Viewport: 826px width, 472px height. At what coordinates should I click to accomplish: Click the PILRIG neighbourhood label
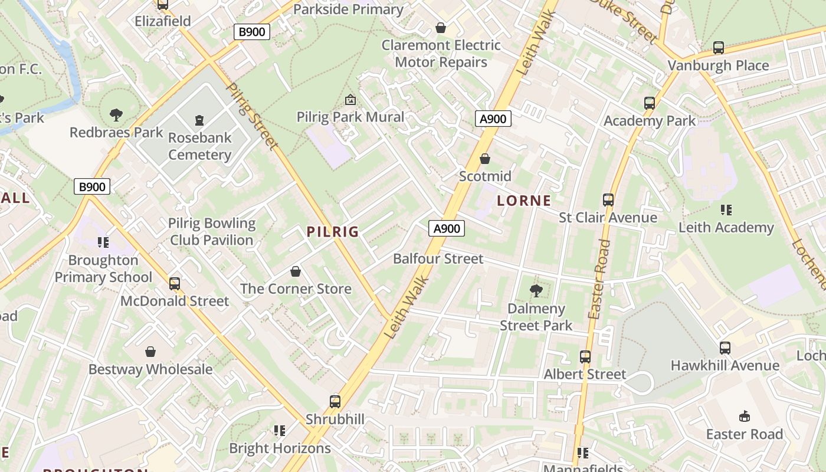pos(333,232)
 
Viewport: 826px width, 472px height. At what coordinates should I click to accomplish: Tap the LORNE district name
pos(524,201)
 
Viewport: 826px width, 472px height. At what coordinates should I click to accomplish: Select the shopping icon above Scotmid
pos(485,159)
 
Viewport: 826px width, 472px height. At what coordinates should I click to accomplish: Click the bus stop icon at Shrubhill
pos(335,402)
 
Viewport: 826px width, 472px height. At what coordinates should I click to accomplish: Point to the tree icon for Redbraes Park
pos(116,114)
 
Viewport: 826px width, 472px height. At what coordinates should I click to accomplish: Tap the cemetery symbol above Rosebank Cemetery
pos(199,120)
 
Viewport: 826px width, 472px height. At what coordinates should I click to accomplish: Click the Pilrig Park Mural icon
pos(350,100)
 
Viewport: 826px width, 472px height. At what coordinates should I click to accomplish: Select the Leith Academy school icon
pos(726,210)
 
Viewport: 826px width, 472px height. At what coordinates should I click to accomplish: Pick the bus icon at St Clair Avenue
pos(608,200)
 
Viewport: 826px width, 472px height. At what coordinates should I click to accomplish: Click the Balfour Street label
pos(438,258)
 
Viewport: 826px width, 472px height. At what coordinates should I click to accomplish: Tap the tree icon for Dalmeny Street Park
pos(536,290)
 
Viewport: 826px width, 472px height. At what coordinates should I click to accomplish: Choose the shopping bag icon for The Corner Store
pos(296,271)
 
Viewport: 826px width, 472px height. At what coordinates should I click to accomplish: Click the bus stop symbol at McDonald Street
pos(175,284)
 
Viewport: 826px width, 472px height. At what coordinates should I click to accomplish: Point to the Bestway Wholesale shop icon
pos(150,352)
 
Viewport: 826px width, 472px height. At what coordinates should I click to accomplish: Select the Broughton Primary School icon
pos(103,242)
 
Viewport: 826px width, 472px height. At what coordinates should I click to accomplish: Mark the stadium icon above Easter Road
pos(745,417)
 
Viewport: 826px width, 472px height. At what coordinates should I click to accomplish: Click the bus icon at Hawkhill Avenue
pos(725,348)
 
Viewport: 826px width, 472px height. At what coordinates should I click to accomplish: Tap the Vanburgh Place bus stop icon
pos(719,48)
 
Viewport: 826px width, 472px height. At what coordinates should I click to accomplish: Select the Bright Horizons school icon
pos(280,431)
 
